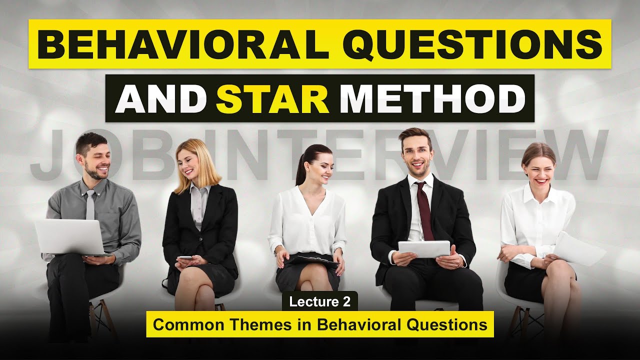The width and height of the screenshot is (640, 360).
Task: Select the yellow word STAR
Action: pyautogui.click(x=273, y=98)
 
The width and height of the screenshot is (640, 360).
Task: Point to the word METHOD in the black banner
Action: pyautogui.click(x=432, y=98)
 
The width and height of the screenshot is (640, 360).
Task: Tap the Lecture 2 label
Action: pyautogui.click(x=320, y=301)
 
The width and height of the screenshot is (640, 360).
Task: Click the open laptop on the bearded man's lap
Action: pyautogui.click(x=70, y=236)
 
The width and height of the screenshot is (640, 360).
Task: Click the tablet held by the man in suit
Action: pyautogui.click(x=424, y=248)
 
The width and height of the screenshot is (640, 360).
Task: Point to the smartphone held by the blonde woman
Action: pyautogui.click(x=184, y=257)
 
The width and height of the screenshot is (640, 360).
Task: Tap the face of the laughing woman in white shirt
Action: pyautogui.click(x=536, y=167)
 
